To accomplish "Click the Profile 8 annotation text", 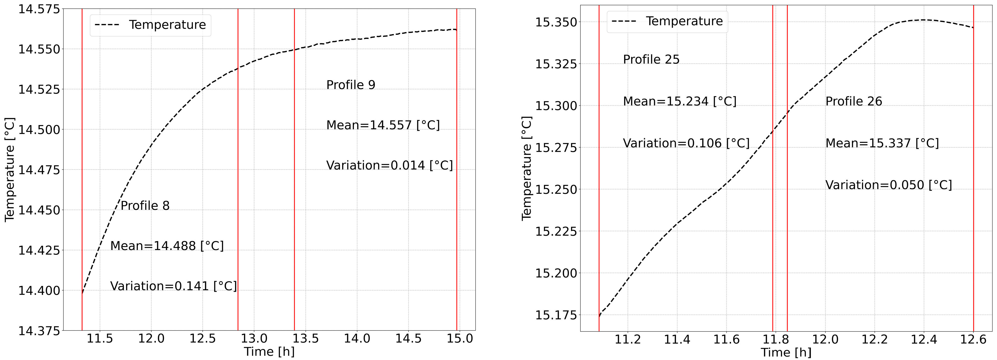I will pyautogui.click(x=145, y=206).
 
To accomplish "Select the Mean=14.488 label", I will pyautogui.click(x=167, y=246).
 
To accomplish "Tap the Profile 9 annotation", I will pyautogui.click(x=351, y=85).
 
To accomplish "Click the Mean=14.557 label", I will pyautogui.click(x=383, y=125).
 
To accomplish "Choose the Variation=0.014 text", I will pyautogui.click(x=389, y=165).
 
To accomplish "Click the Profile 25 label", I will pyautogui.click(x=651, y=59).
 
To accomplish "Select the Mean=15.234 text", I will pyautogui.click(x=680, y=101).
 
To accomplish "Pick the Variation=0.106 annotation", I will pyautogui.click(x=686, y=143).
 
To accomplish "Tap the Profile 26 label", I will pyautogui.click(x=854, y=101).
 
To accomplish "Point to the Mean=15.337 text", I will pyautogui.click(x=882, y=143).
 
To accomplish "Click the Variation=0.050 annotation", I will pyautogui.click(x=889, y=185).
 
